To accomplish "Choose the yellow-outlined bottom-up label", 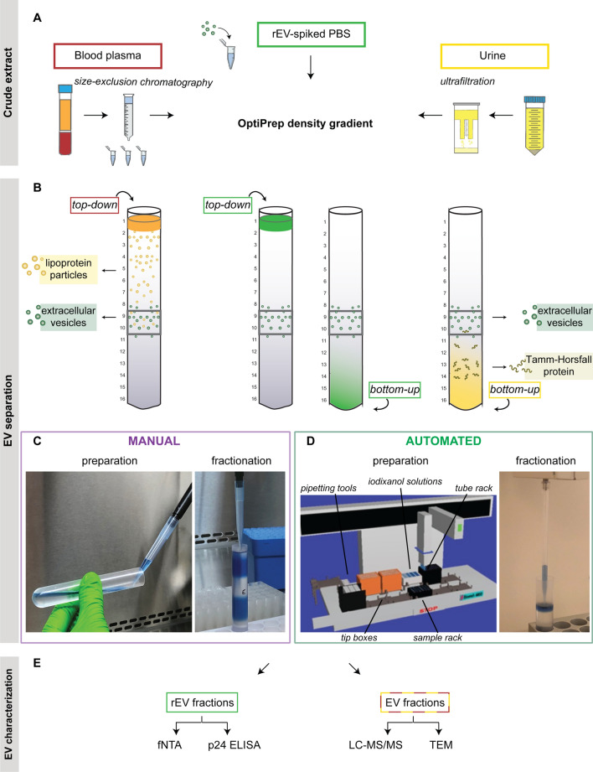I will pos(518,391).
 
